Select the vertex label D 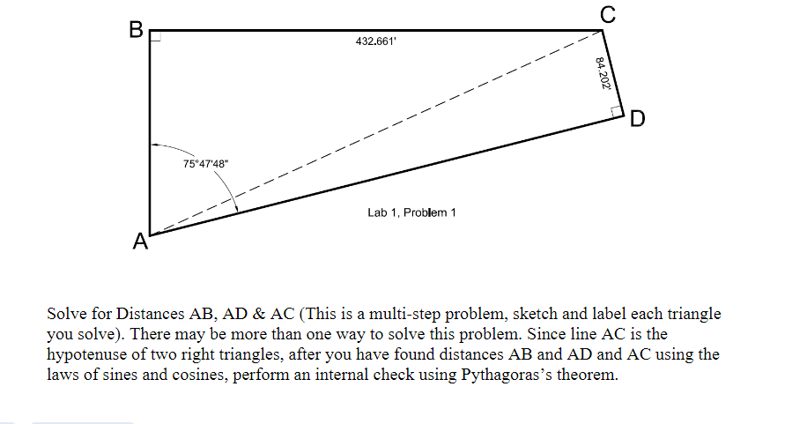[637, 118]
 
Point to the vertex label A [138, 241]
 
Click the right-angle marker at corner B [155, 36]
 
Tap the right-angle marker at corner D [616, 109]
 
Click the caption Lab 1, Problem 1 [411, 212]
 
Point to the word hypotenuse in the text [89, 354]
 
